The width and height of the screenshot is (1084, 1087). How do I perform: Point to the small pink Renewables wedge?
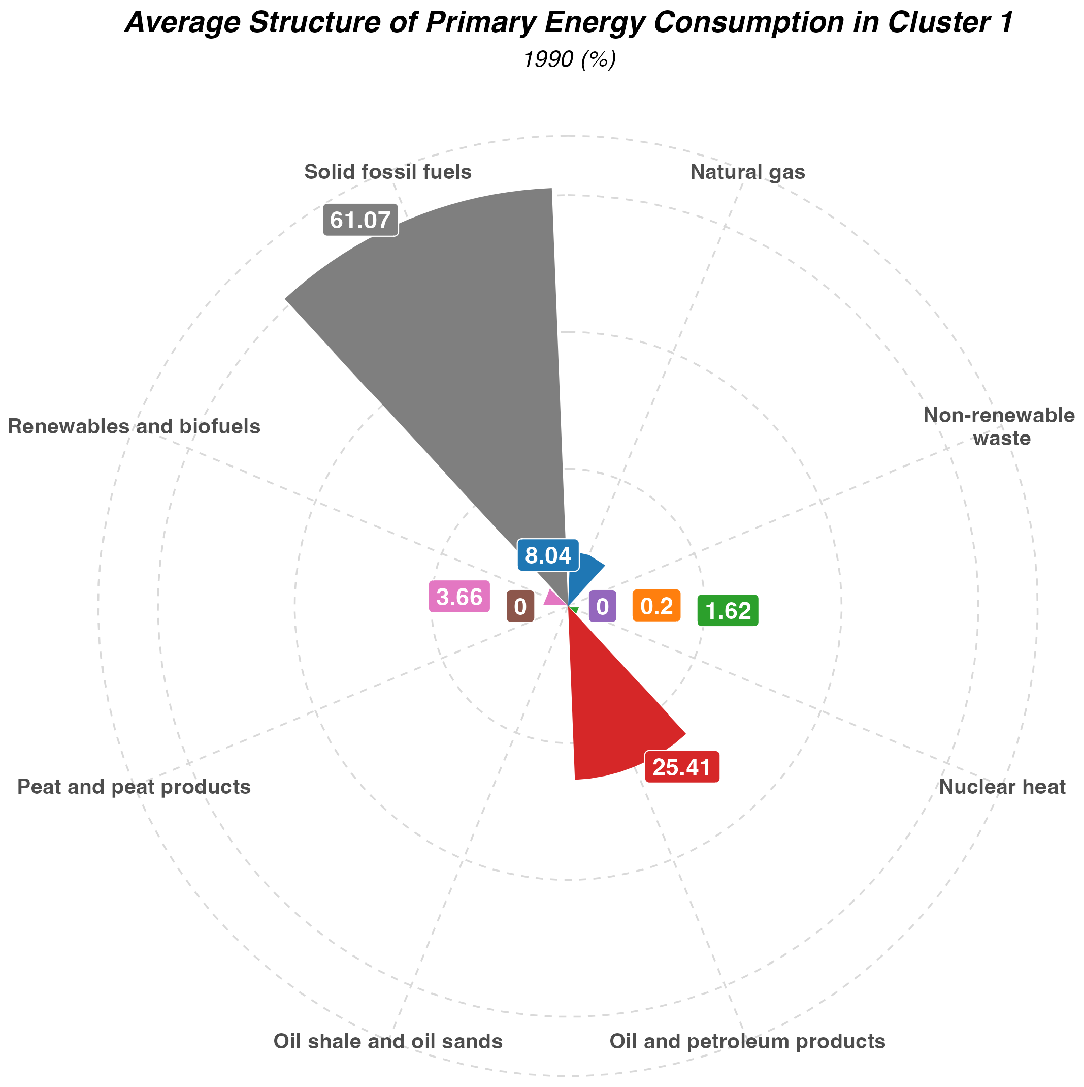pyautogui.click(x=554, y=597)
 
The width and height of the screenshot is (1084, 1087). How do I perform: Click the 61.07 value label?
pyautogui.click(x=360, y=220)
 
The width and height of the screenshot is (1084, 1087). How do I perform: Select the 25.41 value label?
pyautogui.click(x=682, y=767)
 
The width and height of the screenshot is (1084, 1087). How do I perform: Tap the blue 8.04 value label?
pyautogui.click(x=548, y=556)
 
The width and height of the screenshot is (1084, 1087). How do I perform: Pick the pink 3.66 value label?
pyautogui.click(x=459, y=597)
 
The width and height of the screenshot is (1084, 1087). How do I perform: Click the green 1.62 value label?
pyautogui.click(x=728, y=610)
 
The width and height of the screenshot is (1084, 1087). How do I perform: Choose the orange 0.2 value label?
pyautogui.click(x=656, y=606)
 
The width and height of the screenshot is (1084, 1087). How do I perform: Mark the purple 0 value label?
pyautogui.click(x=602, y=607)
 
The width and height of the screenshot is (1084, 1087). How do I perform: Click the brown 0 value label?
pyautogui.click(x=520, y=607)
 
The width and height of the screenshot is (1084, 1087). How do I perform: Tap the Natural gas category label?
pyautogui.click(x=747, y=172)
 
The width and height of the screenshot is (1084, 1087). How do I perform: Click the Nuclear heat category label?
pyautogui.click(x=1002, y=787)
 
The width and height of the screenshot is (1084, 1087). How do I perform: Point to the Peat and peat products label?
pyautogui.click(x=134, y=787)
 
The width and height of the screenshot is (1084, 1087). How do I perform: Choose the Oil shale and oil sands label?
pyautogui.click(x=388, y=1041)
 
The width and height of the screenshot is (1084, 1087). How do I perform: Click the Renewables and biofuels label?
pyautogui.click(x=135, y=427)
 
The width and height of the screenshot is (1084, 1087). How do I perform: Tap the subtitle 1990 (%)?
pyautogui.click(x=570, y=59)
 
